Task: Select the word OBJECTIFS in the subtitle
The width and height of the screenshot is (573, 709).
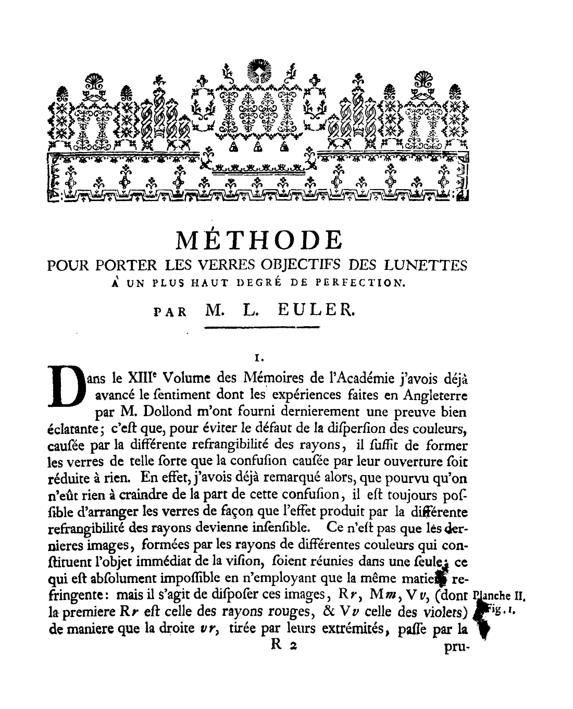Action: tap(303, 266)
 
